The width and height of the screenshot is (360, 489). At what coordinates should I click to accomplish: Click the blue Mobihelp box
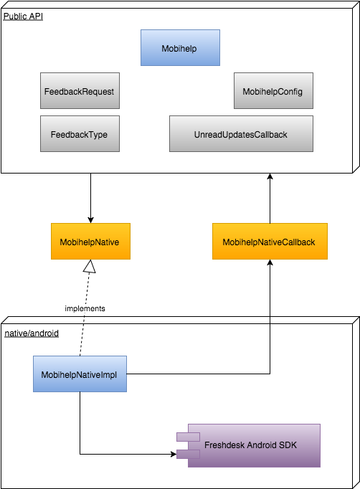pyautogui.click(x=180, y=47)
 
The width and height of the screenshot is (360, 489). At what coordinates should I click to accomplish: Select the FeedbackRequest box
pyautogui.click(x=79, y=92)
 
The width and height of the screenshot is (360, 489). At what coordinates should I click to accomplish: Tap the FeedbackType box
pyautogui.click(x=79, y=134)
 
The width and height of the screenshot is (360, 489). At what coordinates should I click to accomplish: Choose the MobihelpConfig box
pyautogui.click(x=273, y=92)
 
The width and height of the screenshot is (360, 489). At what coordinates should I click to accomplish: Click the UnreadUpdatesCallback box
pyautogui.click(x=241, y=134)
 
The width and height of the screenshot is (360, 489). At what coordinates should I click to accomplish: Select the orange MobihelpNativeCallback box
pyautogui.click(x=269, y=242)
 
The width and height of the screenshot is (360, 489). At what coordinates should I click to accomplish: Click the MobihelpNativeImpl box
pyautogui.click(x=80, y=374)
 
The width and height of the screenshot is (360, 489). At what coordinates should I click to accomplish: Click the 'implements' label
pyautogui.click(x=85, y=308)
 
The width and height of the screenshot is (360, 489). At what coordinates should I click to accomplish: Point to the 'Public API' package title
pyautogui.click(x=23, y=16)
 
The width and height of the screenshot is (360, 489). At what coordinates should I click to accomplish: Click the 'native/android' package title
pyautogui.click(x=32, y=334)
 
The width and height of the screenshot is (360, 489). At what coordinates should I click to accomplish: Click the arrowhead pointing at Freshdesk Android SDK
pyautogui.click(x=172, y=453)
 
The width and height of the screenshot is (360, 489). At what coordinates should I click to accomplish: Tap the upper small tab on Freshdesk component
pyautogui.click(x=188, y=437)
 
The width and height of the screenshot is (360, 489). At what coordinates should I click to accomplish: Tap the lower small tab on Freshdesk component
pyautogui.click(x=188, y=453)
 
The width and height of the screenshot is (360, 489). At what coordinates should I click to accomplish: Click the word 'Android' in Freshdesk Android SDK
pyautogui.click(x=262, y=445)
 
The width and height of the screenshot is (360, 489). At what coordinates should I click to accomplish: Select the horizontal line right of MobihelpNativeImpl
pyautogui.click(x=201, y=374)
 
